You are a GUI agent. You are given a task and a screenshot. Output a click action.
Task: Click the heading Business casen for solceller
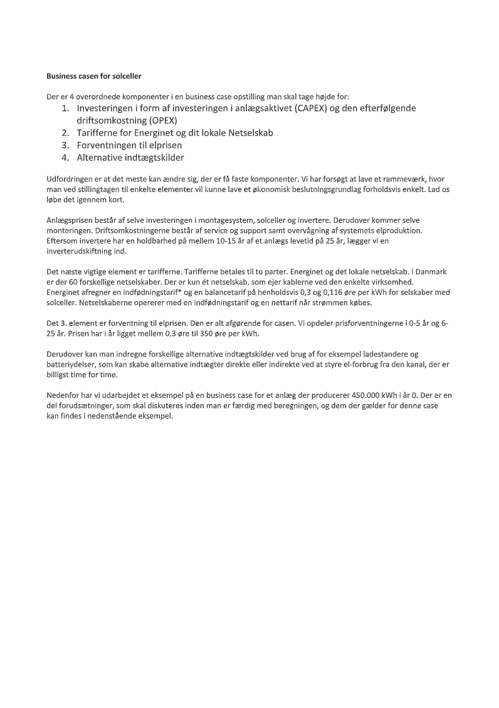(94, 77)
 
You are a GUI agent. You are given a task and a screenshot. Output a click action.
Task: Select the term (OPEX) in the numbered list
(160, 120)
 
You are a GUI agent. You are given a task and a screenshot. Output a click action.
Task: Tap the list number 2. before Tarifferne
(65, 132)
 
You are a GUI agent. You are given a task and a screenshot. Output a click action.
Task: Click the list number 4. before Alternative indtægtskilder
(65, 158)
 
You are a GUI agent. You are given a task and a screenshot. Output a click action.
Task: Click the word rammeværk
(396, 180)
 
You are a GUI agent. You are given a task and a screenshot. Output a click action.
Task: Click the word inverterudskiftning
(79, 250)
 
